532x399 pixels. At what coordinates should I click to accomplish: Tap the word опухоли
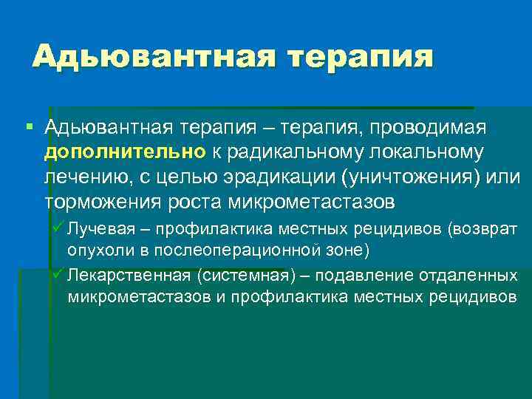tap(99, 250)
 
